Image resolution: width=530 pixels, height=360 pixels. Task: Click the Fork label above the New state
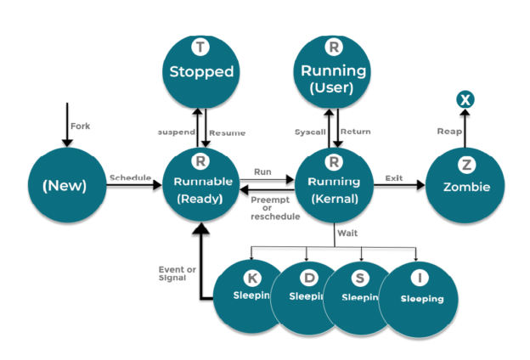[80, 126]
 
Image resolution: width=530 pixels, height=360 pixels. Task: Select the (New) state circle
[65, 184]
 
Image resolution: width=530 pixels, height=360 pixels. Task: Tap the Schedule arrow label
[130, 177]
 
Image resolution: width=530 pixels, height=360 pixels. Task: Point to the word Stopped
[200, 71]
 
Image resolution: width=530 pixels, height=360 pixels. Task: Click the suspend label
[177, 132]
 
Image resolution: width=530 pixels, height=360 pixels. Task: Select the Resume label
[228, 132]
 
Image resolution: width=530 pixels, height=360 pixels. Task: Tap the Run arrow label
[263, 172]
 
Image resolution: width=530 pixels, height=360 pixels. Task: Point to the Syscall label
[309, 132]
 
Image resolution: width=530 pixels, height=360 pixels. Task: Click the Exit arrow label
[393, 177]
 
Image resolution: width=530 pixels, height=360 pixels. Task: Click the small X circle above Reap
[465, 100]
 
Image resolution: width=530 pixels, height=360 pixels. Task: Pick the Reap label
[449, 132]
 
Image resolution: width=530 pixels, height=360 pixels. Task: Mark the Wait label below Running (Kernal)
[347, 232]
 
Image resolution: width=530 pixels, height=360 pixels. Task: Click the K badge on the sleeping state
[251, 277]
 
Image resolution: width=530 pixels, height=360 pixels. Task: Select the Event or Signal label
[177, 273]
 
